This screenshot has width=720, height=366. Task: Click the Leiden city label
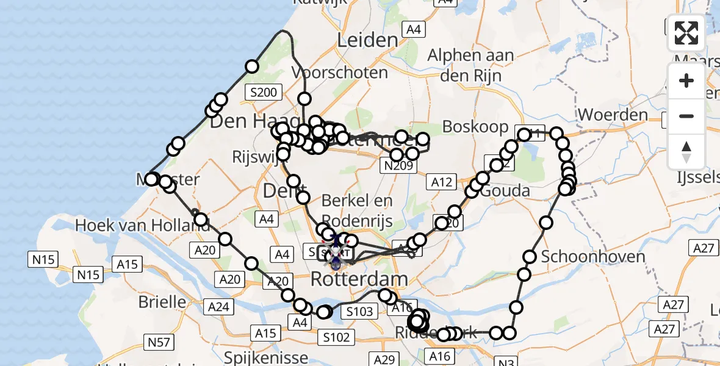367,40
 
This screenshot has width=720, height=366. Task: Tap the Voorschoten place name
340,73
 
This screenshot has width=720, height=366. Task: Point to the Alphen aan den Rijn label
470,65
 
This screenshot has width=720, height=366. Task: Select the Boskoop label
475,126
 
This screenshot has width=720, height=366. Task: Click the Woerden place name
612,115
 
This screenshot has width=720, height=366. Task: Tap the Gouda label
506,191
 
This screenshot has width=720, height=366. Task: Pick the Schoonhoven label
593,256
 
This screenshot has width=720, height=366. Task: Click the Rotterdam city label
359,280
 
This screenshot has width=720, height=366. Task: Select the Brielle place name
162,301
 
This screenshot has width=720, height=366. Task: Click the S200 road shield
264,93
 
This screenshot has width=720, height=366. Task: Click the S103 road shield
359,312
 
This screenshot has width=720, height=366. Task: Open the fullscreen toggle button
686,33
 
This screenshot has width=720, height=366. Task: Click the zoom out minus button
686,116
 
